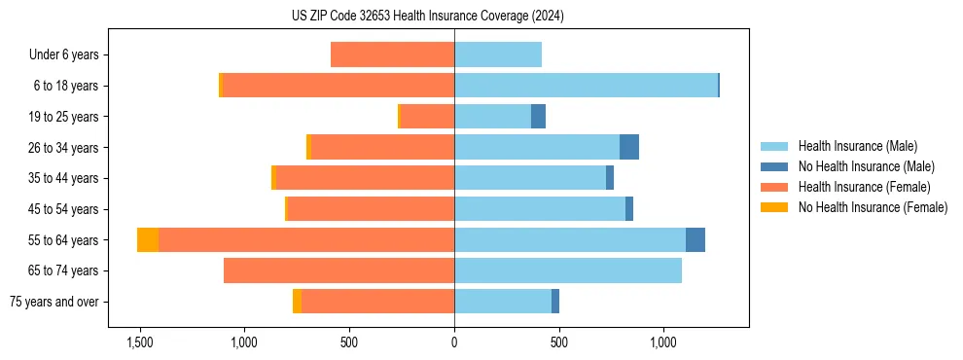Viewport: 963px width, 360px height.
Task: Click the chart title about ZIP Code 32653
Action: (427, 17)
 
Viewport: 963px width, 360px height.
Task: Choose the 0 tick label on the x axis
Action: (454, 343)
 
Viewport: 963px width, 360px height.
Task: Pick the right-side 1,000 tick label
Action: (663, 343)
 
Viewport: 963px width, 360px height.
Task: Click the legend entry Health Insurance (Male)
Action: (857, 146)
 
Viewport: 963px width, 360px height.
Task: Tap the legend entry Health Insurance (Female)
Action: (864, 187)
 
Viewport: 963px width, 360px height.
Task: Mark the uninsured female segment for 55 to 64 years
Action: (148, 239)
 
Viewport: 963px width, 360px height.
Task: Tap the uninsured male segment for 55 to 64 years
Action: (695, 239)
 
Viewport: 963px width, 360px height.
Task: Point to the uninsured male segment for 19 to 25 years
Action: (538, 117)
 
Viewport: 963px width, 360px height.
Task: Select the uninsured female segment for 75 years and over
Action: (297, 302)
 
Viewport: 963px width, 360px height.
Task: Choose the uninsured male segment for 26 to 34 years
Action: (629, 147)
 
